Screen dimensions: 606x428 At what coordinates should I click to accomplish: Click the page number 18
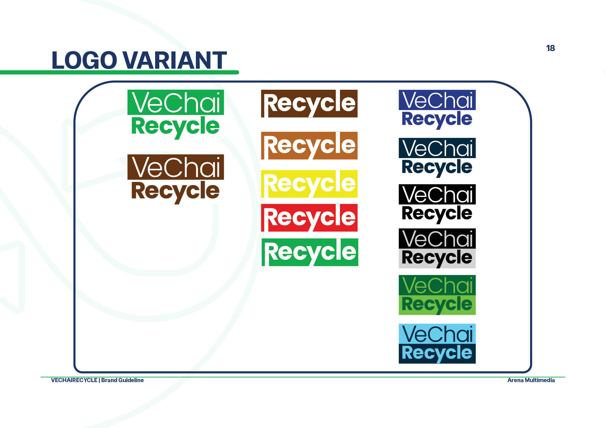[550, 48]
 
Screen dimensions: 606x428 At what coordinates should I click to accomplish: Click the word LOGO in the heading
[84, 60]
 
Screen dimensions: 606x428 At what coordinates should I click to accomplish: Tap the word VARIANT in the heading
[175, 60]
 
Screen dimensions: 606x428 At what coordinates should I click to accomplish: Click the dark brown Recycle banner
[309, 104]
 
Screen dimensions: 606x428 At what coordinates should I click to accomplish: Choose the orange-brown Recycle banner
[309, 146]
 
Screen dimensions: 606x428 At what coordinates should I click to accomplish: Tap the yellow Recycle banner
[309, 184]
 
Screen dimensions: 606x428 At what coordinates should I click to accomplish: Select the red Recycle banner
[309, 218]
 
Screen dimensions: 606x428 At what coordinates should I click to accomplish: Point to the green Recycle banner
[310, 252]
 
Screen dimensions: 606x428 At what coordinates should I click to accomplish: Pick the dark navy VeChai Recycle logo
[437, 158]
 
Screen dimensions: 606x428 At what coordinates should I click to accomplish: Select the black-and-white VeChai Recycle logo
[437, 204]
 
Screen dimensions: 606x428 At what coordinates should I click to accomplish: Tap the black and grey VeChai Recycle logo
[437, 248]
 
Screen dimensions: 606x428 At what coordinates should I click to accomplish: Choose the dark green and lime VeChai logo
[437, 295]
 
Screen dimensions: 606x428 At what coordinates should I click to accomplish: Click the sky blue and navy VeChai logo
[437, 343]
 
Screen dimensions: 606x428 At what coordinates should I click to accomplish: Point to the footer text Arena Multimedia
[531, 380]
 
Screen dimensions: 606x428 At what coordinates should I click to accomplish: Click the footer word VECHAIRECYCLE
[74, 380]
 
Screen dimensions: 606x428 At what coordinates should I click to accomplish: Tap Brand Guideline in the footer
[122, 380]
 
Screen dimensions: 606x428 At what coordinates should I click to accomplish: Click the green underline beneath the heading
[120, 72]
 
